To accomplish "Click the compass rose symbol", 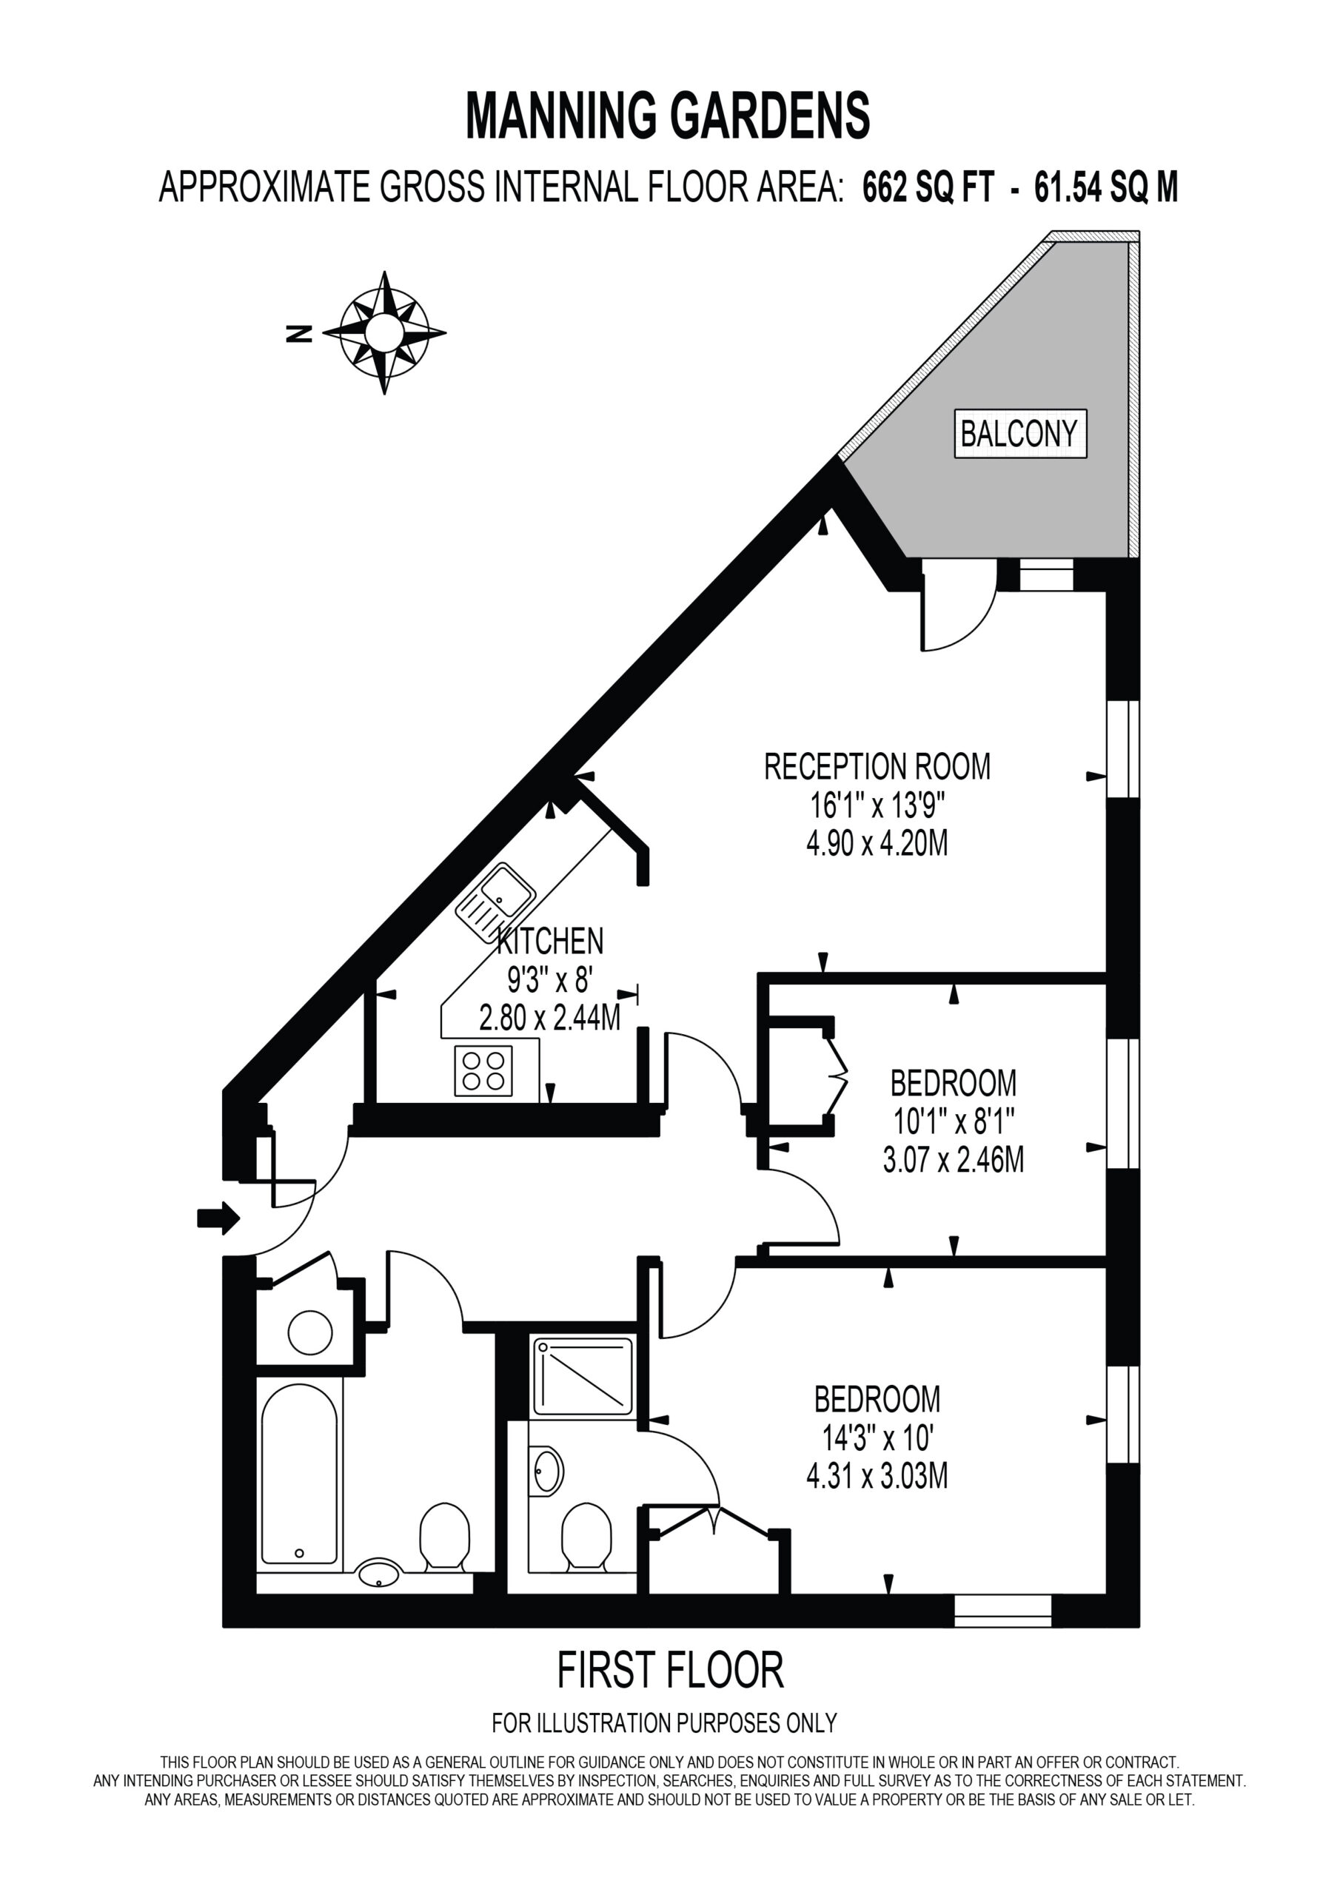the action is coord(385,332).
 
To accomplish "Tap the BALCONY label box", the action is coord(1020,433).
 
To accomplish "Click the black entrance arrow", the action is coord(218,1218).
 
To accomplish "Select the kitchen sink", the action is coord(495,902).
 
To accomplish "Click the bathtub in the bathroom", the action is coord(300,1474).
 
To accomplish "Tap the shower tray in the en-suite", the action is coord(583,1377).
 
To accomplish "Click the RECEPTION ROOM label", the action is coord(877,767).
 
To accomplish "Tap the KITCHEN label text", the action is coord(550,941).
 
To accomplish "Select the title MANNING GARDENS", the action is coord(669,115).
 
